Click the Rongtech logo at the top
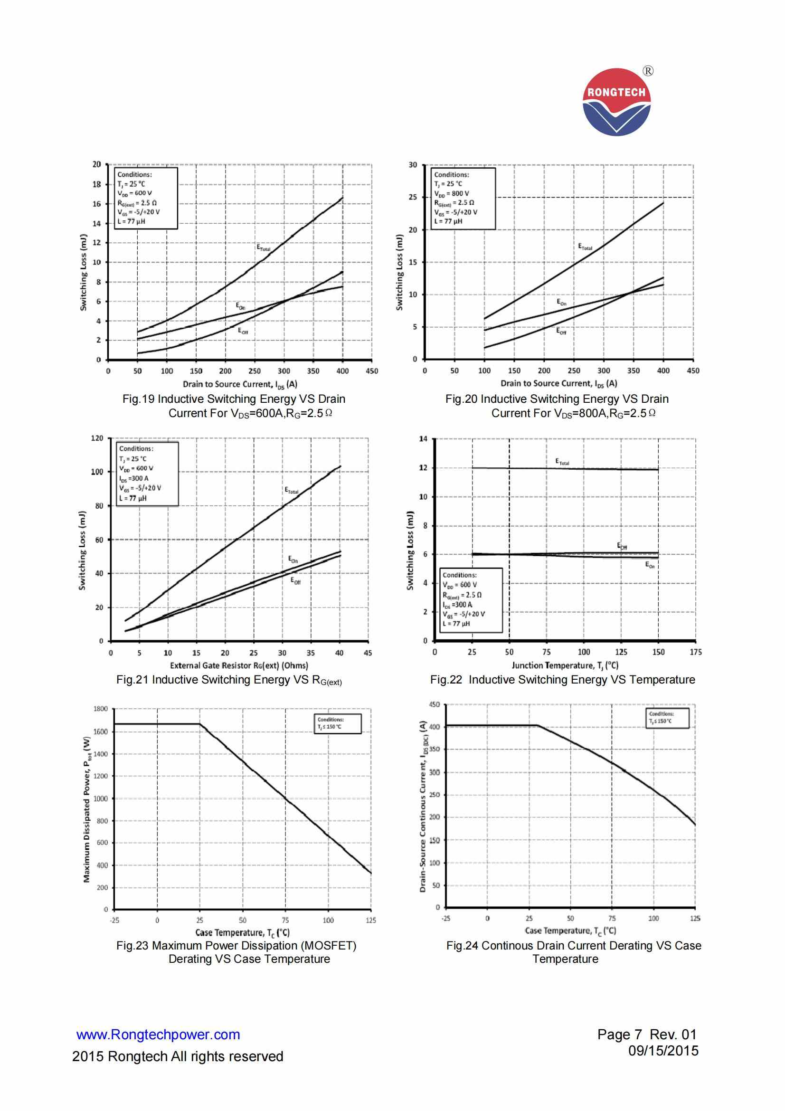[617, 102]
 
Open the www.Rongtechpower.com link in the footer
[158, 1035]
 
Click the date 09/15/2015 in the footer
[663, 1051]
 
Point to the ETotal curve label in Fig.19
[264, 248]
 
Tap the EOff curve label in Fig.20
[561, 332]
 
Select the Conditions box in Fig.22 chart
[471, 599]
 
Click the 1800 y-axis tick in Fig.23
[101, 709]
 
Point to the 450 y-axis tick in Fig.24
[435, 704]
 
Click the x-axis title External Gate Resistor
[239, 665]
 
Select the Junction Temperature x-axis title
[565, 665]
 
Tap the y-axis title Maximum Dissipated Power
[87, 809]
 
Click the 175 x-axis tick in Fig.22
[696, 652]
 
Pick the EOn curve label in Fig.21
[293, 560]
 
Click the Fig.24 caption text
[573, 952]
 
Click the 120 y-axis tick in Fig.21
[97, 438]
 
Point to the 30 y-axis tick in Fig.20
[413, 165]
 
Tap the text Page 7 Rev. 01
[647, 1035]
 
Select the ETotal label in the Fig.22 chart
[562, 462]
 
